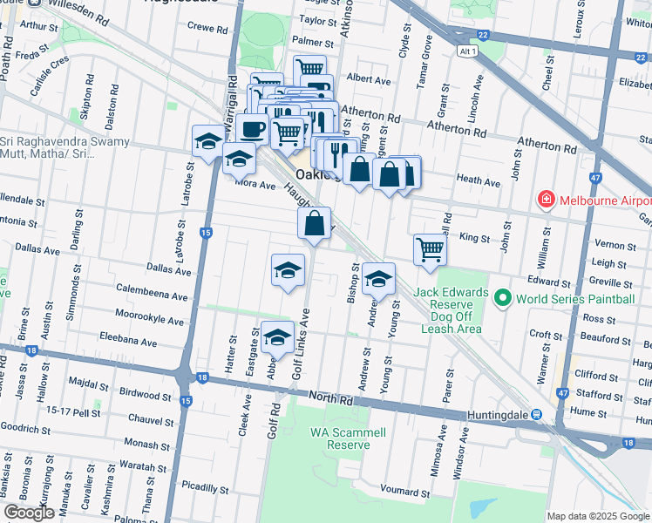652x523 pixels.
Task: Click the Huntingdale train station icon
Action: [538, 414]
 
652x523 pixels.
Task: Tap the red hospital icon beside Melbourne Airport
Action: [547, 200]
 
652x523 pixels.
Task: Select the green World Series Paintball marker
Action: [502, 299]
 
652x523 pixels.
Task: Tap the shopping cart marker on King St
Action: [430, 249]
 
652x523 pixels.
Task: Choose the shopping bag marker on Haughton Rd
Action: [314, 222]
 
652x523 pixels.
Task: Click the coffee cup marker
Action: [253, 129]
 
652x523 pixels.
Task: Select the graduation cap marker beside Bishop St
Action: [378, 279]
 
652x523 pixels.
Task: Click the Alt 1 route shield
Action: [468, 52]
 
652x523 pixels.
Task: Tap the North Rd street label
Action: [334, 400]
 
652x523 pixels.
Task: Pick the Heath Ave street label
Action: [479, 183]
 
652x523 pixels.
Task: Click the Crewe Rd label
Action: [207, 29]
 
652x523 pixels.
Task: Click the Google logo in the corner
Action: [29, 513]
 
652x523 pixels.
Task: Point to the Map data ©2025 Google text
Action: [597, 516]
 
